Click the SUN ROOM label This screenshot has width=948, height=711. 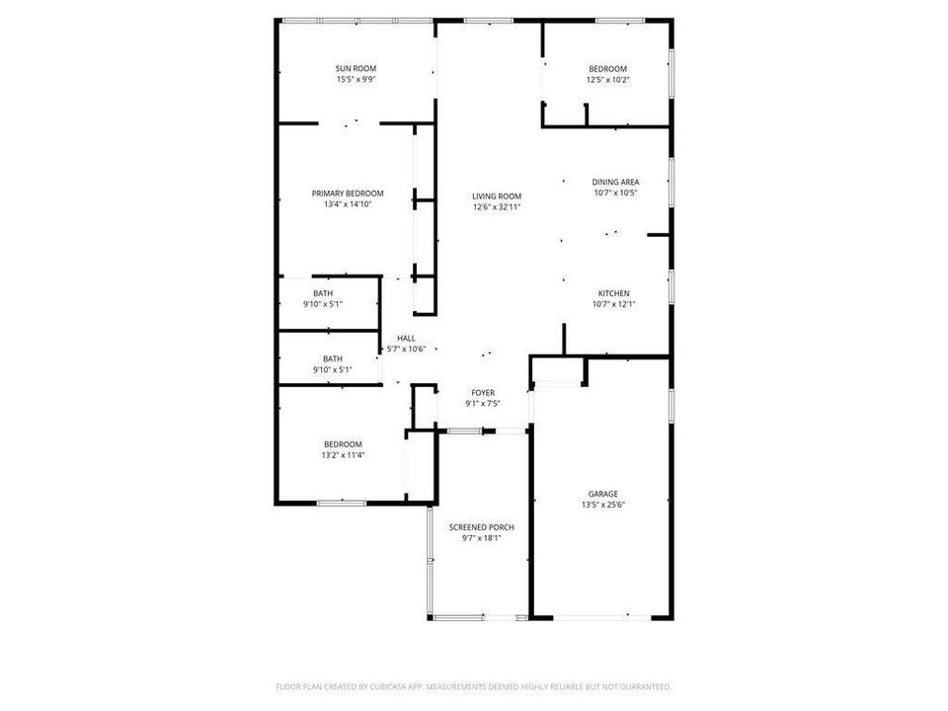355,68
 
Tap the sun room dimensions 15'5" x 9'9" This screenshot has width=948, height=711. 355,79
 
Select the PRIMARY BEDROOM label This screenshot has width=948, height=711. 348,194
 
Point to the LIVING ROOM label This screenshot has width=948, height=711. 496,196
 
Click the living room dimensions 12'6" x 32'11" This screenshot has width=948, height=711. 496,206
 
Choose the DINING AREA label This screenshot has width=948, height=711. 615,182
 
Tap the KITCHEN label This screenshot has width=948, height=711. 613,293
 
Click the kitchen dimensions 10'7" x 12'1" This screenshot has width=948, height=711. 613,304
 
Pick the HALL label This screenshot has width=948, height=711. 406,338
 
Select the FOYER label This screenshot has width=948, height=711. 482,393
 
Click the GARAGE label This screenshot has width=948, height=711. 603,494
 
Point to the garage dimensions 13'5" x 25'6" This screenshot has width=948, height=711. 603,505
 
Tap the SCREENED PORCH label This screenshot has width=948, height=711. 481,527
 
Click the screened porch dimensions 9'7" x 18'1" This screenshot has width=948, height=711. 481,538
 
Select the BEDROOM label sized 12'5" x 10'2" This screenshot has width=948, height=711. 607,68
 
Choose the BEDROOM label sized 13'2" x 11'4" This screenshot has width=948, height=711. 342,444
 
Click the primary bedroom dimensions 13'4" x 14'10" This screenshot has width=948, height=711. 348,204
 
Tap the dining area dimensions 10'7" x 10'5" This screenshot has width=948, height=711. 615,193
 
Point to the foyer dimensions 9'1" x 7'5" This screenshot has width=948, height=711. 482,404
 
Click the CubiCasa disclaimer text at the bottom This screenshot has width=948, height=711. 474,685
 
